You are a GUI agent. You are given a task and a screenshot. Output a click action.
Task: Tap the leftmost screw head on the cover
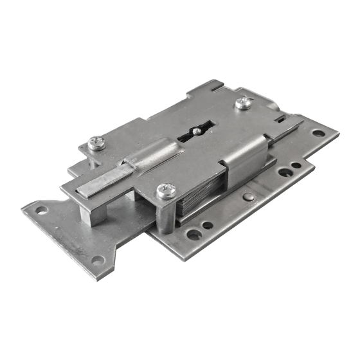pos(96,143)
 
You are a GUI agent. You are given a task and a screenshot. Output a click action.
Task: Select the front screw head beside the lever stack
pos(165,190)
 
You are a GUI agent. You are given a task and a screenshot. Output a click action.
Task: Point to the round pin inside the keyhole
pos(197,130)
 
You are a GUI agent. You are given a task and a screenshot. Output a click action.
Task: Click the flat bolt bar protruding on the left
pos(103,183)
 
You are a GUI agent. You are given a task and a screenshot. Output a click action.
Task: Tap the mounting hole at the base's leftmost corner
pos(40,210)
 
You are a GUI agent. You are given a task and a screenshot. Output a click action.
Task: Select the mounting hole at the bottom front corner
pos(97,260)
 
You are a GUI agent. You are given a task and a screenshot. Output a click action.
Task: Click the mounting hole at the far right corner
pos(318,134)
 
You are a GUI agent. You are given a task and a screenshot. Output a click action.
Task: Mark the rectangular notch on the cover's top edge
pos(219,86)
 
